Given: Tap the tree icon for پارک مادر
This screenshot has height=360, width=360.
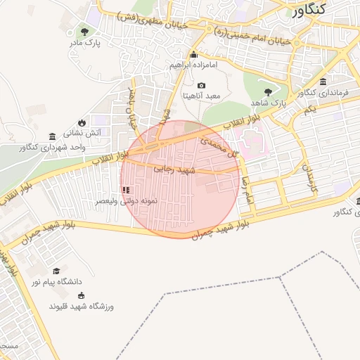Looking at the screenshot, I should point(86,31).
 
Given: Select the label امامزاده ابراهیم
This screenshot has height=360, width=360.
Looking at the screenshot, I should point(193,65).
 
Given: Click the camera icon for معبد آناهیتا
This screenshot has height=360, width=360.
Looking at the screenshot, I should point(201,85).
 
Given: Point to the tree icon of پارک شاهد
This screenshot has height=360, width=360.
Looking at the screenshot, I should point(268,91).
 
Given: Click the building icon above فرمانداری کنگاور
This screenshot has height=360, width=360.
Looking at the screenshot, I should point(323,82).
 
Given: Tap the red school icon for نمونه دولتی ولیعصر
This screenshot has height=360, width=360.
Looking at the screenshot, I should point(126,189).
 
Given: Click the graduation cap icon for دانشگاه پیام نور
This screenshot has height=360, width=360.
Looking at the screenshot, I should point(56,271).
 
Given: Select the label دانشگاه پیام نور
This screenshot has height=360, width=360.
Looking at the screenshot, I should point(56,282).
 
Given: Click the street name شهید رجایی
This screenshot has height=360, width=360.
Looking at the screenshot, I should point(176,171).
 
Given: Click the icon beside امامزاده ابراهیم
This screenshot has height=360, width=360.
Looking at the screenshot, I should point(193,55).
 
